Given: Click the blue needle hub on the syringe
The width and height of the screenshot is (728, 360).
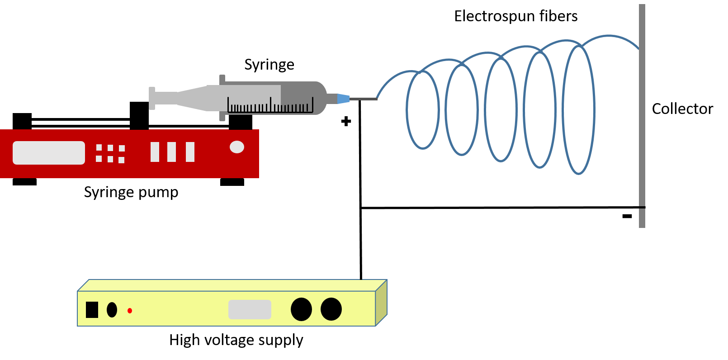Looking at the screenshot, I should point(343,99).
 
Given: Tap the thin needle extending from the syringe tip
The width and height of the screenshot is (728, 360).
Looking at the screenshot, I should point(363,99).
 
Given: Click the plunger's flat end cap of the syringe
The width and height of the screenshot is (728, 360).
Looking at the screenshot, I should point(152,98).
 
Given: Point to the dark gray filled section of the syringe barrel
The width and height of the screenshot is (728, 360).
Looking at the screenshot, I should point(301,93).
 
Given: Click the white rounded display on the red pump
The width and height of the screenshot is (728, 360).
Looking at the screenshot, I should point(49,153).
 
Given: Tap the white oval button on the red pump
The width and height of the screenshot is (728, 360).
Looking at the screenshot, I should point(237,147).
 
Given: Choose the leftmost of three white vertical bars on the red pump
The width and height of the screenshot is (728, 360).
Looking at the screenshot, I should point(155,152).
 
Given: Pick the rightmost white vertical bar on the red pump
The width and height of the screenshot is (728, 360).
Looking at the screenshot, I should point(190,152).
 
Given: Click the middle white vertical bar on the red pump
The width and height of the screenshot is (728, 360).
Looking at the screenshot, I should point(171,152).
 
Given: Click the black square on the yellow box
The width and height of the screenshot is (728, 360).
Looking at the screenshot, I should point(92,310).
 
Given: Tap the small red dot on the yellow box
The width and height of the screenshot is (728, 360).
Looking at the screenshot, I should point(130,311).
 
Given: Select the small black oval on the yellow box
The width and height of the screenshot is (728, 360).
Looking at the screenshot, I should point(112,310).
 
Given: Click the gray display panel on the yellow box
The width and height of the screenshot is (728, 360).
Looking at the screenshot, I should point(250,309).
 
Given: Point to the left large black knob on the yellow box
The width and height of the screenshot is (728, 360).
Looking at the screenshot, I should point(301,309).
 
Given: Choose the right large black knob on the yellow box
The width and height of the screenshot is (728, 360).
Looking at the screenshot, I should point(331,309).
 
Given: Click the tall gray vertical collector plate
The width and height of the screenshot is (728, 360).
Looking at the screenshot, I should point(642,104).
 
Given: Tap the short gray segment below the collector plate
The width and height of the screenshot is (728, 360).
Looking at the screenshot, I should point(642,218).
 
